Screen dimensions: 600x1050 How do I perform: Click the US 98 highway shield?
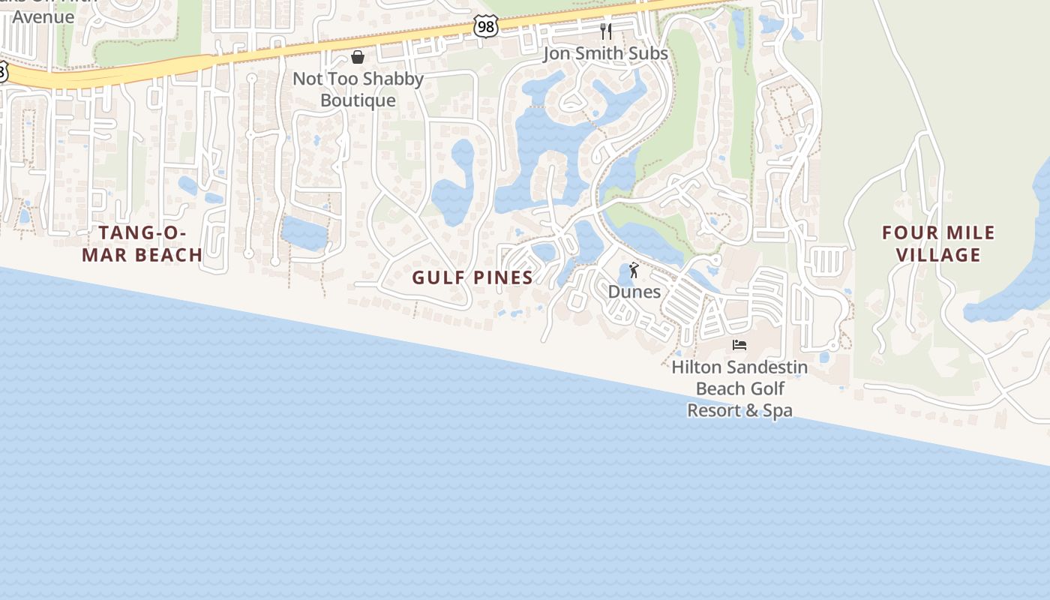click(486, 26)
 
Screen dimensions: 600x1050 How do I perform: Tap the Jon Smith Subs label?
click(605, 53)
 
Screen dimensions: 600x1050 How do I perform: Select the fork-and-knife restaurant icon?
click(606, 31)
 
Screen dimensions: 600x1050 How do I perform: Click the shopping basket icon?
click(358, 57)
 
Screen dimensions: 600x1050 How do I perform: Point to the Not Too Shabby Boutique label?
click(358, 89)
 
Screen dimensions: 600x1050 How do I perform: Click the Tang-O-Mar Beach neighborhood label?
click(142, 244)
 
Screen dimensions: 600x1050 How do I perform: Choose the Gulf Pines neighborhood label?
click(472, 277)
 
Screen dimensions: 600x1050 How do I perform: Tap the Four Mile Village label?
click(938, 244)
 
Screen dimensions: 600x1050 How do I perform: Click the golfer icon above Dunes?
click(634, 270)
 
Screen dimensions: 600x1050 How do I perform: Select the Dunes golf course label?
click(634, 292)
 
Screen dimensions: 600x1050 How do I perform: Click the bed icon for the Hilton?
click(739, 345)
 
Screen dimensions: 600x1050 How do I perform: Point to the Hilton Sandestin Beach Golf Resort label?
click(739, 388)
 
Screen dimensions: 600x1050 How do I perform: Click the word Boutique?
click(358, 100)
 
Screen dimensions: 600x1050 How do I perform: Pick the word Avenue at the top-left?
click(43, 16)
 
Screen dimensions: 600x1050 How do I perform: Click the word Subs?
click(649, 53)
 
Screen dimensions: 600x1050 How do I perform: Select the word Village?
click(938, 255)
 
